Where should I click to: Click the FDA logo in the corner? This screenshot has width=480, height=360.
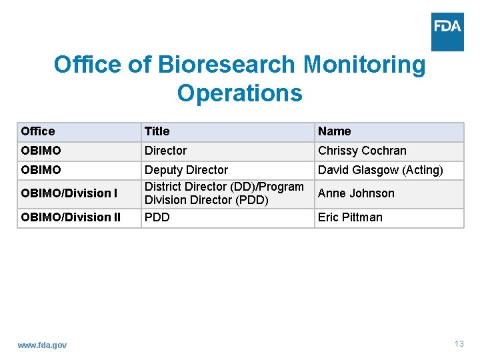(447, 31)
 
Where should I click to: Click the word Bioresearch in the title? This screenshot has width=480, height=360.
(227, 65)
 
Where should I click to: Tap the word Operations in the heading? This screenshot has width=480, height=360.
(239, 93)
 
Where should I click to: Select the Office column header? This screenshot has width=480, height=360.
(38, 131)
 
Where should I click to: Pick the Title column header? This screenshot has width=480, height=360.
(157, 131)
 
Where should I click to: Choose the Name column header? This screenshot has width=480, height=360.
(334, 131)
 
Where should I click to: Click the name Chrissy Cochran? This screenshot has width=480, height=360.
(362, 151)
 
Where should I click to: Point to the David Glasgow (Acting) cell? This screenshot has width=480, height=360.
(380, 170)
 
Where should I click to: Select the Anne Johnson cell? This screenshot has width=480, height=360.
(356, 193)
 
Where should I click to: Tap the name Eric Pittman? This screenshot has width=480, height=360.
(350, 217)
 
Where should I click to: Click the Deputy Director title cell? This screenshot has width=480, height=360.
(186, 170)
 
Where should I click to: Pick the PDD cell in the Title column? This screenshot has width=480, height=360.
(157, 217)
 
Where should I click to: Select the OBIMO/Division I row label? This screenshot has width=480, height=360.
(69, 193)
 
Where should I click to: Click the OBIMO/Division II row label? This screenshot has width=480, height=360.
(71, 217)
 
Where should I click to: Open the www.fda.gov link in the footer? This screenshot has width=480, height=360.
(42, 345)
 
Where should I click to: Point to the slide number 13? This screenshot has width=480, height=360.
(459, 344)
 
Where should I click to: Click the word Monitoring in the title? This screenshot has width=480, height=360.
(363, 65)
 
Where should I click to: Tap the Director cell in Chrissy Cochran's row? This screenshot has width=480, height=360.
(165, 151)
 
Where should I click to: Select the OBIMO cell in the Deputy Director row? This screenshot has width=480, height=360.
(41, 170)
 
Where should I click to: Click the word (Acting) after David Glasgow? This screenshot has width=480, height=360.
(423, 170)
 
